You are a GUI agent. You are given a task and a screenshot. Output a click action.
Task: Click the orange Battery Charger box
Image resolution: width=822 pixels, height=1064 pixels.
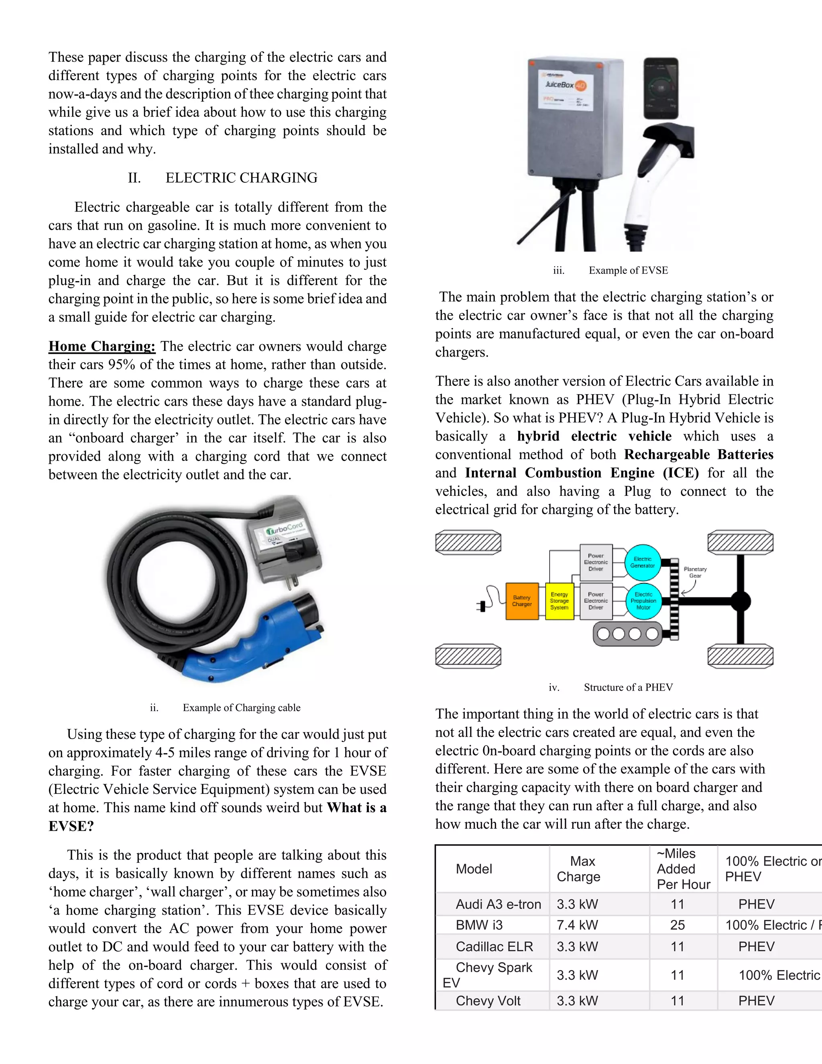(x=521, y=601)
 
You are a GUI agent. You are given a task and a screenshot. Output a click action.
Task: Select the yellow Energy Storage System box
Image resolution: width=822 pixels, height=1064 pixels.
(x=559, y=601)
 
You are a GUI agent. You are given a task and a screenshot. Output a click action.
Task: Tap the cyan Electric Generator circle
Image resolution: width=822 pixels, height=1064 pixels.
(x=642, y=562)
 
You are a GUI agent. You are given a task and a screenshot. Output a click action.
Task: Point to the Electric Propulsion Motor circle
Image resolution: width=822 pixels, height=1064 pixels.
(x=643, y=601)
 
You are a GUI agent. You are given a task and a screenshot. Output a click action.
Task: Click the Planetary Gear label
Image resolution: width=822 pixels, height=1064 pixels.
(x=695, y=572)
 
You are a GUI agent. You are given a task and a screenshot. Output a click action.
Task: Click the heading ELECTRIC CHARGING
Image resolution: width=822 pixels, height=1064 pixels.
(x=241, y=178)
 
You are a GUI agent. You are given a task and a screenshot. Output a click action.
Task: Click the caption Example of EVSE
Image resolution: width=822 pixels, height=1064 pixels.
(x=628, y=270)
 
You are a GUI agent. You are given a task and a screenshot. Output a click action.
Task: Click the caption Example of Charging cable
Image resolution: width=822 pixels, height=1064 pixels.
(x=241, y=708)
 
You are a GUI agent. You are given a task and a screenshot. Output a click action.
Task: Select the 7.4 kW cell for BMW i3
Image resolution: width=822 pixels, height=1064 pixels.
(x=577, y=925)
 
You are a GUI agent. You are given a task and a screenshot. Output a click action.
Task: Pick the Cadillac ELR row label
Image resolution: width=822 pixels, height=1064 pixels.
(x=494, y=947)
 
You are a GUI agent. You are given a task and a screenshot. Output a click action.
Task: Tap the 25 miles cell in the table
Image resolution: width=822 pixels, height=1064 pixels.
(x=678, y=925)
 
